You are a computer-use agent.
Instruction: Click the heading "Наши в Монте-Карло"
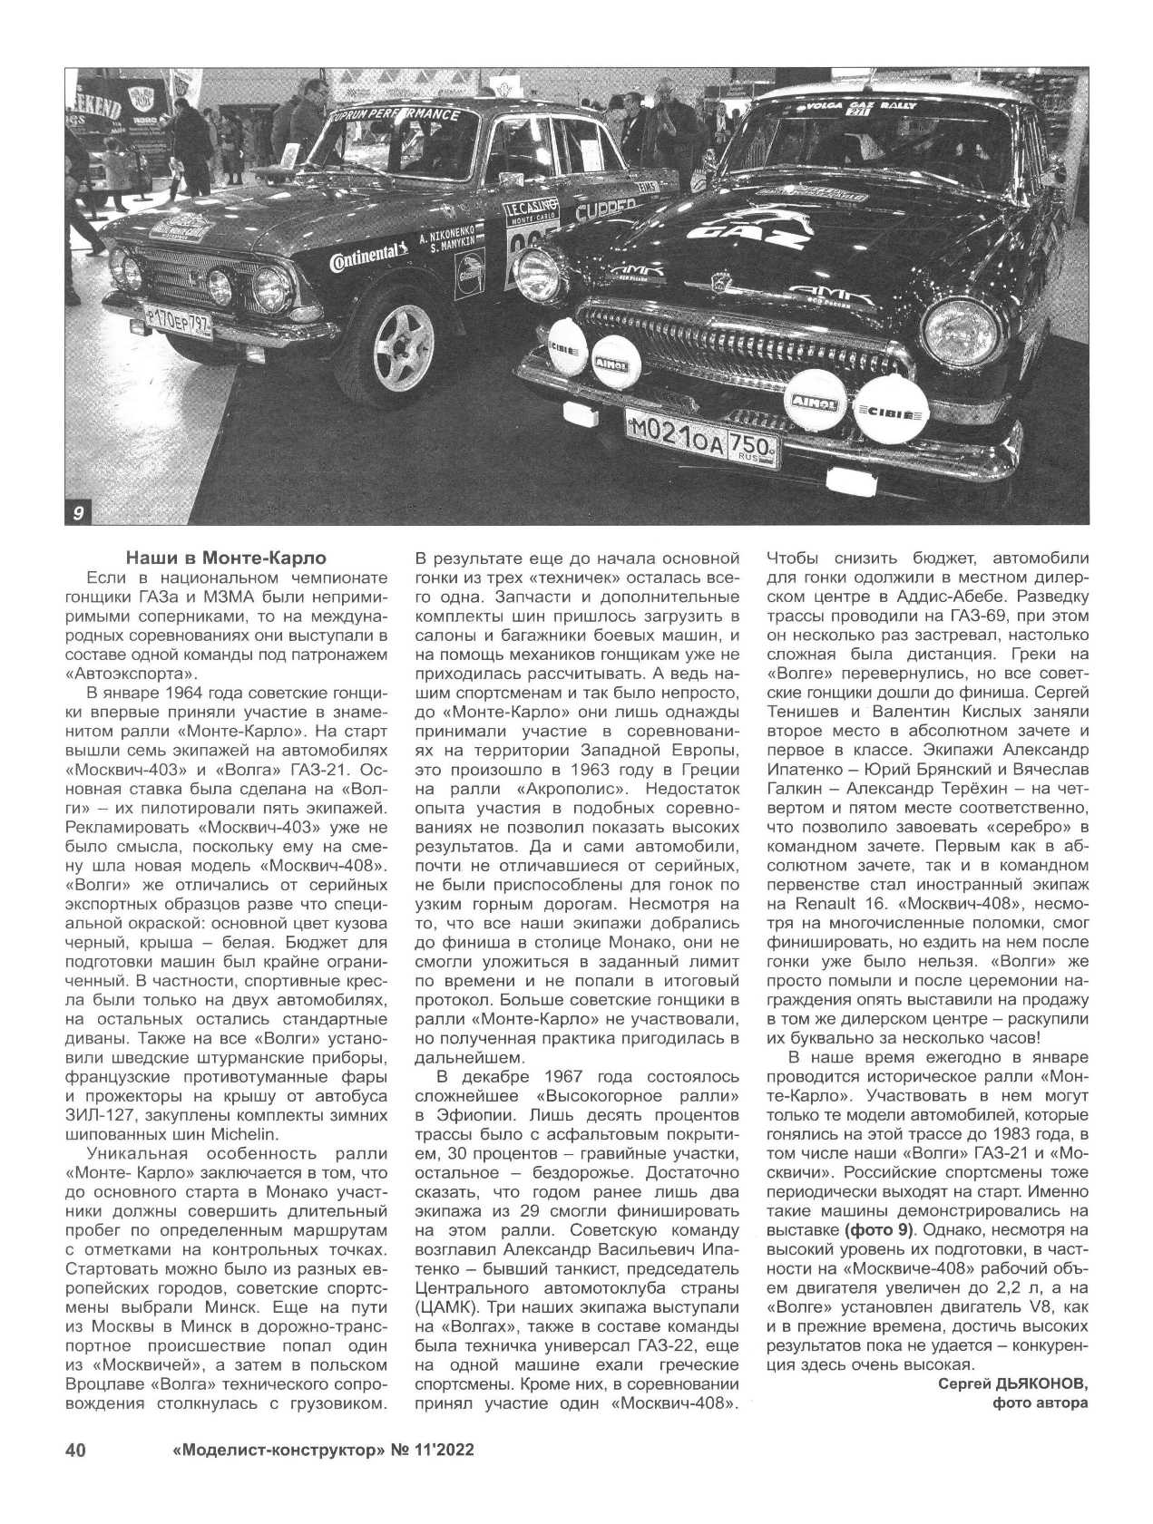225,557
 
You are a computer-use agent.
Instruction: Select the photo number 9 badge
77,514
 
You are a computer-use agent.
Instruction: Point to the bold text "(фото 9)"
878,1230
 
